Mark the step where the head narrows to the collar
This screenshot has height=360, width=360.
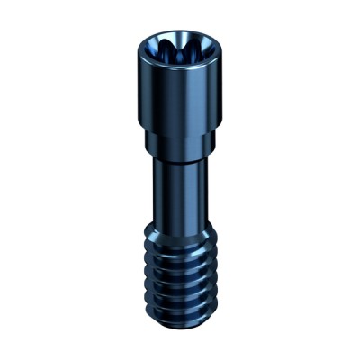click(180, 131)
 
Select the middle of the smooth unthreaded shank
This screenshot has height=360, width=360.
click(180, 193)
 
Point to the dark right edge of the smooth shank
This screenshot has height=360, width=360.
click(202, 193)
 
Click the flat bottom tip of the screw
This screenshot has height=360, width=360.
click(180, 322)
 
